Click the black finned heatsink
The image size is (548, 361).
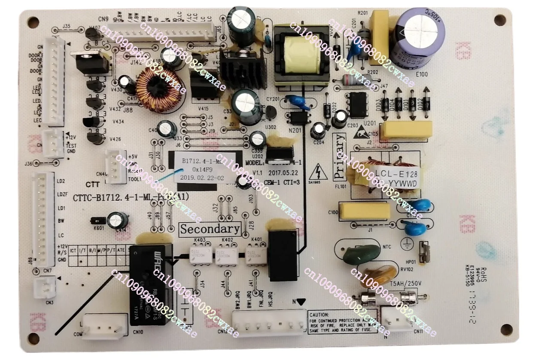click(241, 69)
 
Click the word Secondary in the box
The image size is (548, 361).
click(210, 229)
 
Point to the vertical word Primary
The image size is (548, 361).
click(339, 156)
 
